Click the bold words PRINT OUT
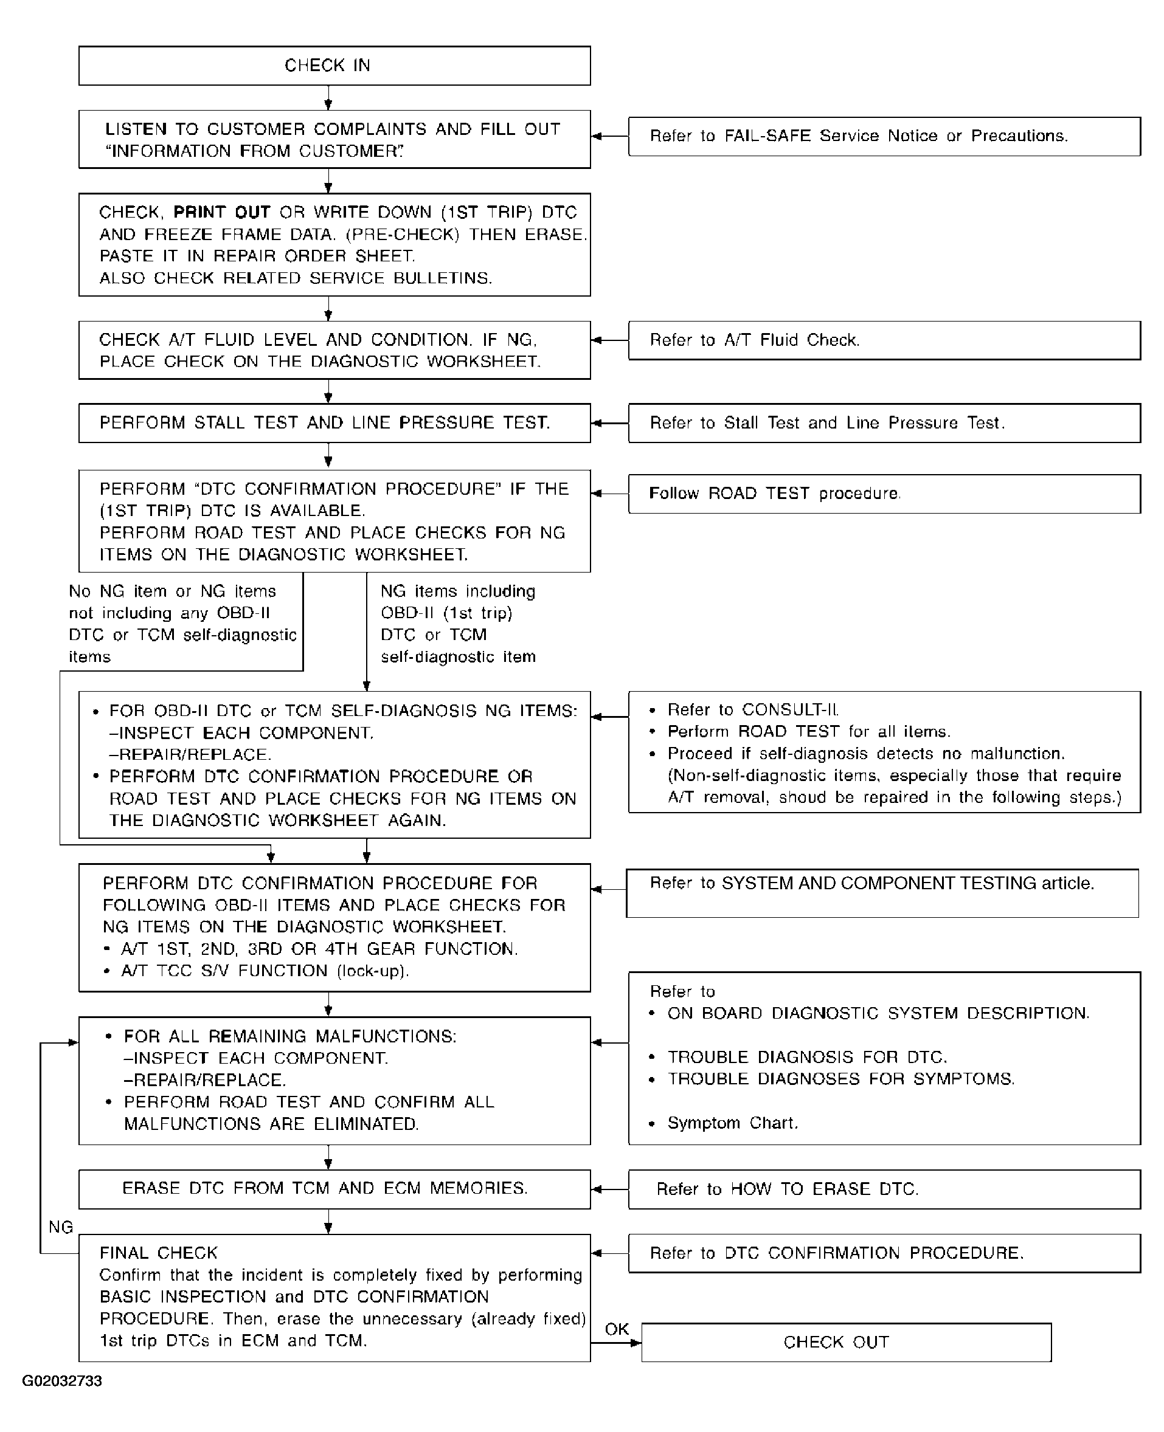pos(221,212)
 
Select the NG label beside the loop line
pos(60,1227)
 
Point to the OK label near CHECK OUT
pos(616,1329)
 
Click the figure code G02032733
pos(61,1381)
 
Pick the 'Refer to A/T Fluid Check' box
pos(884,340)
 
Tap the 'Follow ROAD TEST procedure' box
pos(884,494)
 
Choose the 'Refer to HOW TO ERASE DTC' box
pos(884,1189)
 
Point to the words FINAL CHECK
pos(158,1253)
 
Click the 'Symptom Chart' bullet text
pos(732,1123)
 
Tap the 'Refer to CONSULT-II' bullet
pos(752,710)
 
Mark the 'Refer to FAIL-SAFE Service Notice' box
pos(884,137)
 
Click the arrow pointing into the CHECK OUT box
pos(634,1343)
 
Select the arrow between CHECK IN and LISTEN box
pos(328,98)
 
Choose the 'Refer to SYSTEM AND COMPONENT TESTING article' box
pos(882,893)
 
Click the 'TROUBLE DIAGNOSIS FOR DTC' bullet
pos(806,1058)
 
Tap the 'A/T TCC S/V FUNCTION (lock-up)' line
pos(265,971)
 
